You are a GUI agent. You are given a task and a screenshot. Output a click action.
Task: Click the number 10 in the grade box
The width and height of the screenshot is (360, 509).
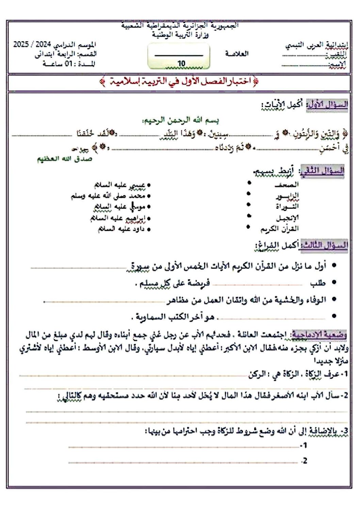click(x=181, y=63)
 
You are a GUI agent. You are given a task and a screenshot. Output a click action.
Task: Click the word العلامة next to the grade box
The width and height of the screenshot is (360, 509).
click(x=237, y=53)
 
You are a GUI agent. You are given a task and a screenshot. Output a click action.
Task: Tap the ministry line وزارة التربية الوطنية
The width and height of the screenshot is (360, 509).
click(x=180, y=34)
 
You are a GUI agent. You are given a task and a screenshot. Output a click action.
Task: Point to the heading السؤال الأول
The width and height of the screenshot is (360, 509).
click(x=328, y=104)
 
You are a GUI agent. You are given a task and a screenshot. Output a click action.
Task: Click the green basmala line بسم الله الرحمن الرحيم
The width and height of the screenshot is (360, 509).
click(x=180, y=120)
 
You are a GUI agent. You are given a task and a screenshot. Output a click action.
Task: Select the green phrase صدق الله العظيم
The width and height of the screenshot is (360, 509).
click(x=65, y=159)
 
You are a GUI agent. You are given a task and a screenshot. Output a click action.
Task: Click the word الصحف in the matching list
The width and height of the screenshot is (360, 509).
click(x=287, y=185)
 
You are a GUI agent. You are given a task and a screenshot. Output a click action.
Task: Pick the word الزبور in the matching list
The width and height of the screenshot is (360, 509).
click(x=287, y=196)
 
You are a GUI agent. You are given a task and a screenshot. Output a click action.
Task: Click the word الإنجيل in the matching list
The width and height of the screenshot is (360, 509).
click(x=287, y=218)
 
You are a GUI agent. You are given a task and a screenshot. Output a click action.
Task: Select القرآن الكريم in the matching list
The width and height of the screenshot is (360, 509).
click(x=280, y=229)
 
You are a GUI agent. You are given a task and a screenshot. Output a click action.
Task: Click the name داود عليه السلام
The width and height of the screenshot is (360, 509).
click(x=121, y=229)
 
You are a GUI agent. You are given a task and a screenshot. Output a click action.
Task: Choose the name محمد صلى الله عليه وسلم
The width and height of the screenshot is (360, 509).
click(x=108, y=196)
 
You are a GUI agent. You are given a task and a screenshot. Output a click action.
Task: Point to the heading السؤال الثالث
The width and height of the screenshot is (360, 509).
click(x=324, y=245)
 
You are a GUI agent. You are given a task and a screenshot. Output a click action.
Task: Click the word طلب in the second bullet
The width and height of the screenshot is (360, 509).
click(x=318, y=283)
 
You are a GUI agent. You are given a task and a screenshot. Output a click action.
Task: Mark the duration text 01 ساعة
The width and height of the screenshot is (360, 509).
click(x=68, y=64)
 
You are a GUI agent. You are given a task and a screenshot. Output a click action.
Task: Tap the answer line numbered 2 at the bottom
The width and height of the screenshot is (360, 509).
click(x=184, y=462)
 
